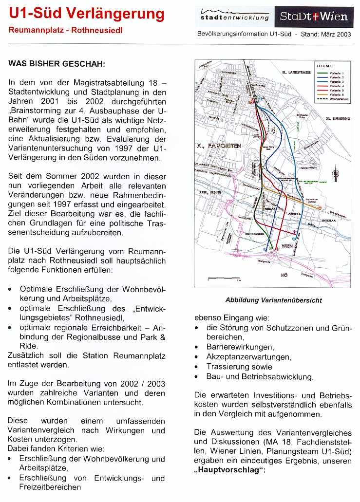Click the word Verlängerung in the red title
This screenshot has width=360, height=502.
tap(119, 14)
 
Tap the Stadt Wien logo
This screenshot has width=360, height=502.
tap(314, 17)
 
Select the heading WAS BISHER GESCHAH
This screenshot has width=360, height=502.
tap(57, 64)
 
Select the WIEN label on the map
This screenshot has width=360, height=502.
tap(286, 246)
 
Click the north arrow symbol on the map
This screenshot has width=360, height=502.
tap(335, 173)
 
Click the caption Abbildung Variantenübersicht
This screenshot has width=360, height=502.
tap(273, 300)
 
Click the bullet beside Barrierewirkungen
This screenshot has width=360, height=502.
tap(196, 347)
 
